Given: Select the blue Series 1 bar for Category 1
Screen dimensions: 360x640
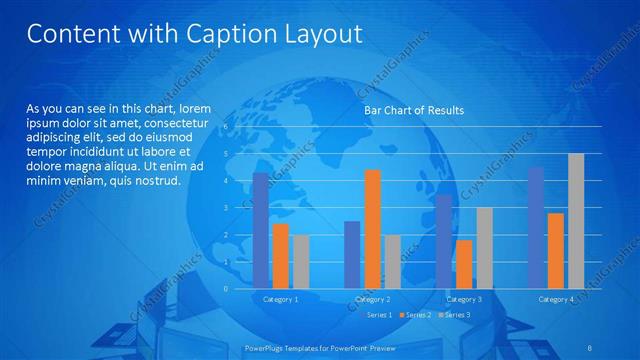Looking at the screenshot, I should [x=261, y=230].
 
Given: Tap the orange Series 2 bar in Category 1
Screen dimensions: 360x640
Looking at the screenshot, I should [x=280, y=256].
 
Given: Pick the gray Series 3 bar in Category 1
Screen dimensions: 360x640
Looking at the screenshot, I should [x=300, y=262].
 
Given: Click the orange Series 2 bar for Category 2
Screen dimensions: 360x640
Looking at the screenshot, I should [x=372, y=229].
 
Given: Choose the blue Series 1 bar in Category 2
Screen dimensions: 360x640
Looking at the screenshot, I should [x=352, y=255].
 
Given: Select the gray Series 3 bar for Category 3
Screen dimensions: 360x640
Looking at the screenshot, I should [x=484, y=248].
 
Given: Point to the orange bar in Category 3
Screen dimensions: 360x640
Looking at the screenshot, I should [x=464, y=264].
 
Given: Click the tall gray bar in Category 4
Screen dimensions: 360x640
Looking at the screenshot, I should [x=576, y=221].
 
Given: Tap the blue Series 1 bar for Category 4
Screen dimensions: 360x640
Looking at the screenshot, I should [x=536, y=228].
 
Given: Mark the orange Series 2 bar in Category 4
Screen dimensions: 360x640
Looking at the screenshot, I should [x=556, y=251].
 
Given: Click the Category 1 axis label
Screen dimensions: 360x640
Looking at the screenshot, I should [x=281, y=299].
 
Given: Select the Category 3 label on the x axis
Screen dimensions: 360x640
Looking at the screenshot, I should [x=464, y=299].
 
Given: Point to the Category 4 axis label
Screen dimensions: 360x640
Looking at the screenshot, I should [x=556, y=299].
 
